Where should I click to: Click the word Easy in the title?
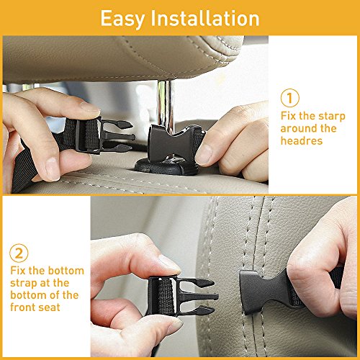tap(122, 19)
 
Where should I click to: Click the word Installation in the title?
tap(205, 18)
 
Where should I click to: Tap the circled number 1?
tap(290, 98)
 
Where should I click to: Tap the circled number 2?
tap(19, 253)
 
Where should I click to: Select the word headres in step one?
tap(302, 140)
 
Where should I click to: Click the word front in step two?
tap(23, 307)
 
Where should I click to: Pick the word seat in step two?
tap(50, 307)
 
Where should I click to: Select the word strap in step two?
tap(23, 284)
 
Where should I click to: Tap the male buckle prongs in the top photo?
tap(117, 136)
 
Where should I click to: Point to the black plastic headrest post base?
tap(166, 166)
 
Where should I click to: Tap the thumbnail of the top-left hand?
tap(89, 107)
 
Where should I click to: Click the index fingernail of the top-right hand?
tap(204, 153)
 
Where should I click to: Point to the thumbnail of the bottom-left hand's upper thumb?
tap(169, 263)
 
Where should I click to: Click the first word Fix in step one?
tap(288, 116)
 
